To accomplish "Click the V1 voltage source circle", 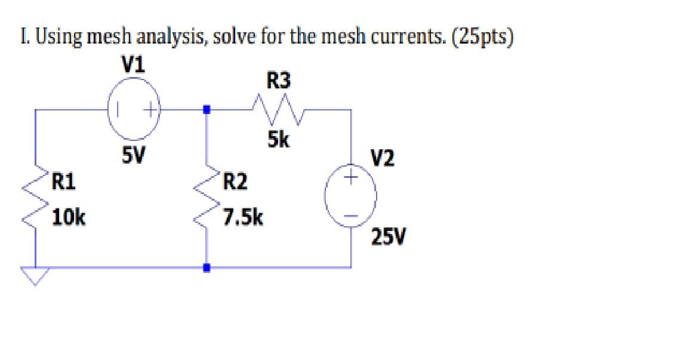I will (134, 110).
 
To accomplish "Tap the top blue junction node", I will (207, 110).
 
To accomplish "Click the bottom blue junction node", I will (207, 268).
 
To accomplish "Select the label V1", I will (132, 64).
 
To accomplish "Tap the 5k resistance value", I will (278, 140).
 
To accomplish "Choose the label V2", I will (382, 159).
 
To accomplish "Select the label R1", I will (63, 180).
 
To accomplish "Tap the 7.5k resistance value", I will (242, 217).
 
